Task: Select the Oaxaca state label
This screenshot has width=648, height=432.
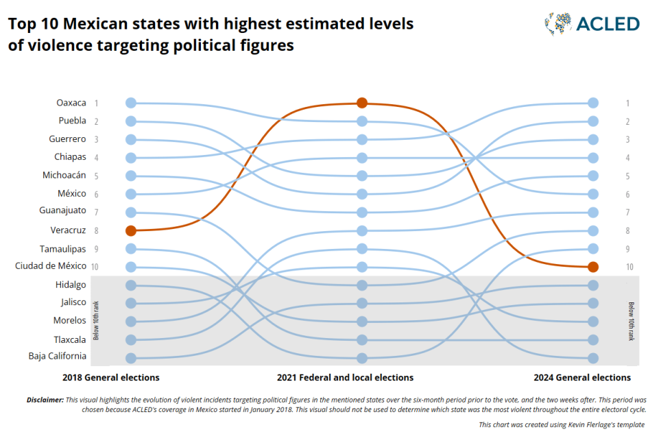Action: (71, 103)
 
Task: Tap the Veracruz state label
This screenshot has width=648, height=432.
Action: (68, 230)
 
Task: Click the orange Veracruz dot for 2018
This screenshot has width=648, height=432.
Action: (131, 230)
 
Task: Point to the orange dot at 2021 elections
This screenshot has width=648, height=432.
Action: (362, 103)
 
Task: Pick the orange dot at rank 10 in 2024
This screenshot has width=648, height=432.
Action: (593, 267)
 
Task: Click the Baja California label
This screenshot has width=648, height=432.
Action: (58, 356)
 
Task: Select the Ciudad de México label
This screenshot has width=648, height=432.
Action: (51, 265)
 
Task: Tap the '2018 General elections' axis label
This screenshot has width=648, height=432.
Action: (111, 377)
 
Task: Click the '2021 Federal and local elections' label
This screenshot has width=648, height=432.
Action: (345, 377)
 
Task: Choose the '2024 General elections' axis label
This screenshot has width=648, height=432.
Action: (582, 377)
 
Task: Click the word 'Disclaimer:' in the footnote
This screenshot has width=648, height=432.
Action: (45, 399)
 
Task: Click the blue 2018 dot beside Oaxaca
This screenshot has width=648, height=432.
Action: (131, 103)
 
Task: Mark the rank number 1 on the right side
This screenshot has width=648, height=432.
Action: (627, 104)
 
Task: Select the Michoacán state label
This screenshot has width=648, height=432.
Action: (64, 175)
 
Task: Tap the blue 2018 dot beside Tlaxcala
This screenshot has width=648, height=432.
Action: (131, 339)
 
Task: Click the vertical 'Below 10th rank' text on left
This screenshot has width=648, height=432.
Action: (97, 320)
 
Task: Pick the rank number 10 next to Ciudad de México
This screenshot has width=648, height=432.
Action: (95, 267)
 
